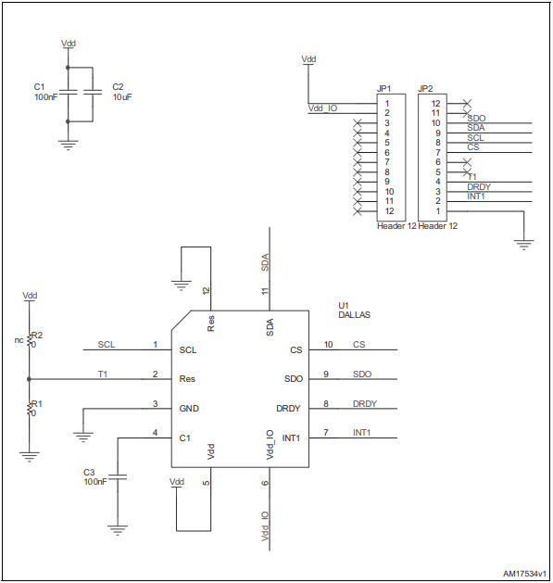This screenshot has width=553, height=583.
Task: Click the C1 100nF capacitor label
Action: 45,92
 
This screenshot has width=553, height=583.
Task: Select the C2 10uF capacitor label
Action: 122,92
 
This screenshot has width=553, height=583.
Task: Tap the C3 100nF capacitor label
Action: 95,476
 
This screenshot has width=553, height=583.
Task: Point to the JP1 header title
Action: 383,89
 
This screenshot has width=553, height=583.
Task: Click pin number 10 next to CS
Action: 328,345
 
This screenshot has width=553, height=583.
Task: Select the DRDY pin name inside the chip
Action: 288,409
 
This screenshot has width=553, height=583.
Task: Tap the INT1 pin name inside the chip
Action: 291,437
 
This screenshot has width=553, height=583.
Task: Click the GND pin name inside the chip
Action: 189,409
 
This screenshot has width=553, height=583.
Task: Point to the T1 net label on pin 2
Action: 103,374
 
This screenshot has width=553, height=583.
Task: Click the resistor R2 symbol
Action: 31,339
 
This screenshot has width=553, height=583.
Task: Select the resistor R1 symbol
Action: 31,409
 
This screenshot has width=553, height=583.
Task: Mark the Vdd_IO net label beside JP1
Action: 323,108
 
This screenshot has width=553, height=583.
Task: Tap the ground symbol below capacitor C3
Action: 118,531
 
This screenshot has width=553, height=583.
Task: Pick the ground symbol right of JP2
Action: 524,245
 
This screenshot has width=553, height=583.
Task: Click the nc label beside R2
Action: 19,339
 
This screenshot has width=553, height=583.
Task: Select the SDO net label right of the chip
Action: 362,374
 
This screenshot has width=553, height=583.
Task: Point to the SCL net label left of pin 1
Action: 107,345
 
